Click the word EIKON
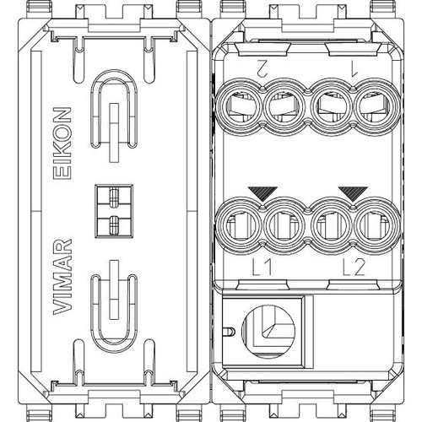pos(62,143)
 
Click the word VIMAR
pos(62,277)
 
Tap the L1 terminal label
pos(262,268)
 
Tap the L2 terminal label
pos(354,268)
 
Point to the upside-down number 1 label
pos(353,68)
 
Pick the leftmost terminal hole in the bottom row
pos(240,225)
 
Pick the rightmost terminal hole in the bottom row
pos(377,225)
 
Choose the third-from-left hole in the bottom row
pos(332,225)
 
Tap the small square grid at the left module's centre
pos(114,211)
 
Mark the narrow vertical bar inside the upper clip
pos(114,133)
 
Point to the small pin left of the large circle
pos(230,332)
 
